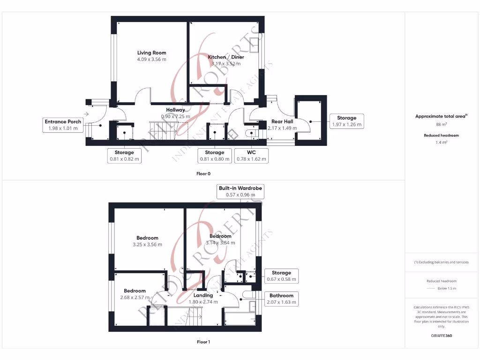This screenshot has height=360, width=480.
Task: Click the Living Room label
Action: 151,53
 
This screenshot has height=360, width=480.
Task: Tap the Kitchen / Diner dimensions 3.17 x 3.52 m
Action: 226,63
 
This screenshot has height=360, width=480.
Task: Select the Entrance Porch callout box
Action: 63,125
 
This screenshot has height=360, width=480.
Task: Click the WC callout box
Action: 251,156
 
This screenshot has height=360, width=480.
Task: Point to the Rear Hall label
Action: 282,121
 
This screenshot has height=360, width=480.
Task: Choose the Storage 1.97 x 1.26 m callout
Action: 346,121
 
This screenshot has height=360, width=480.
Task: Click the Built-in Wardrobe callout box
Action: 240,191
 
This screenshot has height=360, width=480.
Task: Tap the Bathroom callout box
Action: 281,299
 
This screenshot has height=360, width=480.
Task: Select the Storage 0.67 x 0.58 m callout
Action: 281,276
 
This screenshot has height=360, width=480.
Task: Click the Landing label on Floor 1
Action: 203,295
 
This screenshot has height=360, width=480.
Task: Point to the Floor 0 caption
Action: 203,173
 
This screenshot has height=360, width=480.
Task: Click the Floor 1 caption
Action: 203,342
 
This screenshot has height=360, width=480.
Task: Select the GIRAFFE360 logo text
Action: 442,336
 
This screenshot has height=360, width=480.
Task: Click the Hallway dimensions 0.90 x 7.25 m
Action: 176,116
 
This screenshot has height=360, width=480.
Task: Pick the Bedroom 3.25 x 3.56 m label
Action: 147,238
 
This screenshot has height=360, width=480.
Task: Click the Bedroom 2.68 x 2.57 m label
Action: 135,291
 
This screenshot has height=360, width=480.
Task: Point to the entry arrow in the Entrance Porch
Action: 87,114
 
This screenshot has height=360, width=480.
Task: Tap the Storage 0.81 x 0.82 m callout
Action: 124,156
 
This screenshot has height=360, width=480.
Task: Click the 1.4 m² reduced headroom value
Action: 442,142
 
